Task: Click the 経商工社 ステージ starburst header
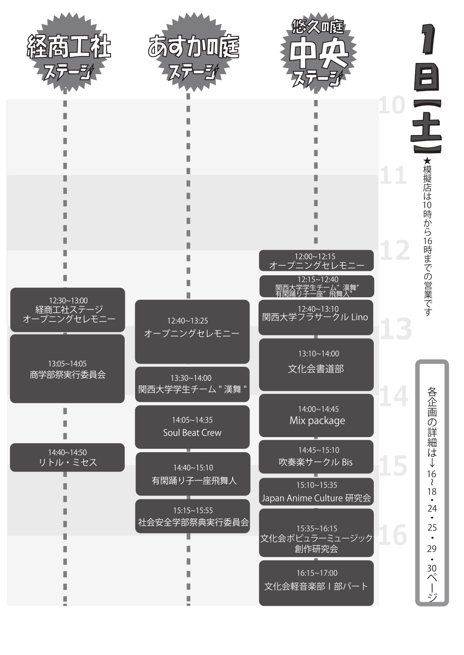[68, 54]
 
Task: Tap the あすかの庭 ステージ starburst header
[192, 54]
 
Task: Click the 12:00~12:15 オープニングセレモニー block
[316, 261]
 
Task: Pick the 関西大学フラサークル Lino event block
[316, 317]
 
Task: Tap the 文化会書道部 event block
[316, 365]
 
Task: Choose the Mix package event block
[316, 415]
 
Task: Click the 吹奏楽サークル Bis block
[316, 457]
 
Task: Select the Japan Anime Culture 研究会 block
[316, 492]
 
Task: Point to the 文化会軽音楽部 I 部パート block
[316, 583]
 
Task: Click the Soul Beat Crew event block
[192, 427]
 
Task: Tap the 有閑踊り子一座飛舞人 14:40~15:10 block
[193, 474]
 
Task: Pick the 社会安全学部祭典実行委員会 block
[193, 516]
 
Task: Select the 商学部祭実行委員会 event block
[67, 369]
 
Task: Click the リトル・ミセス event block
[67, 457]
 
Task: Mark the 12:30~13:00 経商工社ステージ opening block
[68, 310]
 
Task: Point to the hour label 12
[395, 250]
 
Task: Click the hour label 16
[393, 535]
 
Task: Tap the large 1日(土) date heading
[427, 88]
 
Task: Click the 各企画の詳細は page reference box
[432, 482]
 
